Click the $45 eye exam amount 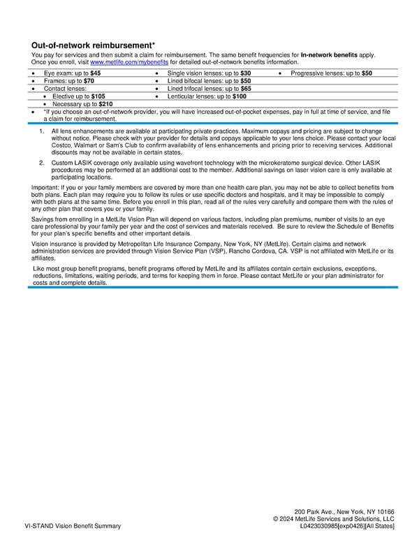click(95, 73)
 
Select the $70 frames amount click(89, 81)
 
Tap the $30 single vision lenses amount click(246, 73)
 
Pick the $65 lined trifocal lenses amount click(246, 89)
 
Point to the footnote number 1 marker click(43, 131)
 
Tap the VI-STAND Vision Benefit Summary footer click(73, 526)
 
